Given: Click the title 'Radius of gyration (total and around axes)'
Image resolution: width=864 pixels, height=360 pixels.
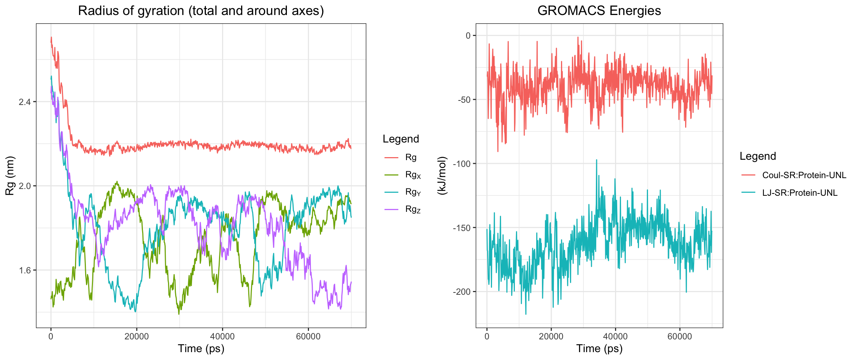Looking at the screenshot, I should click(201, 10).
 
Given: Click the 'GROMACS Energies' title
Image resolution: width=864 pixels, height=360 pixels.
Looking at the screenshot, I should click(599, 10).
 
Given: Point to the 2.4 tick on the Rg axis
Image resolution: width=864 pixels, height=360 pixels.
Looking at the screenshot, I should click(25, 102).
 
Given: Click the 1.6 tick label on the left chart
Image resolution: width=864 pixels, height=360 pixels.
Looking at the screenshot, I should click(25, 270).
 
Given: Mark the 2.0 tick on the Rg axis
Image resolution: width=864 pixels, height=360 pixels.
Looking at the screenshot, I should click(25, 186).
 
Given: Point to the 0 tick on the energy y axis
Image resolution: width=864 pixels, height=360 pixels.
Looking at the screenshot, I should click(468, 36).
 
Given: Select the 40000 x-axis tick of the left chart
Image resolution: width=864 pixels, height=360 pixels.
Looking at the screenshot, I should click(222, 336).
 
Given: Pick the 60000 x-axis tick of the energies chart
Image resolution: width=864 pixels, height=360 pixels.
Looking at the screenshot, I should click(679, 336).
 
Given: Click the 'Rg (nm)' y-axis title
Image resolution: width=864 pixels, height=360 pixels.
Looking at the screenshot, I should click(10, 175).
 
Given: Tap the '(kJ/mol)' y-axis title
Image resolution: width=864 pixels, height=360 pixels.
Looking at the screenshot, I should click(443, 175).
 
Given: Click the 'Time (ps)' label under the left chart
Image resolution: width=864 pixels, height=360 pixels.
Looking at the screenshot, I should click(201, 348).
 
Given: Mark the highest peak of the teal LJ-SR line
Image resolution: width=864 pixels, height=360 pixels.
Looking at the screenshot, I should click(596, 160).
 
